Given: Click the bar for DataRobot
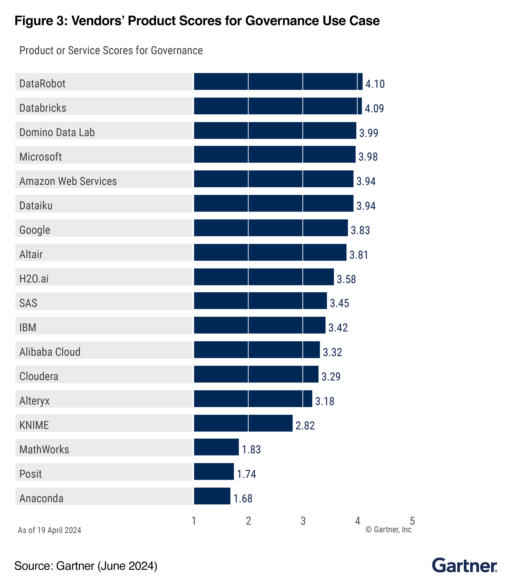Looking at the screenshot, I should pos(278,82).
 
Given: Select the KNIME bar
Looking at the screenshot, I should pos(243,423).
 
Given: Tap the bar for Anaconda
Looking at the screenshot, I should pos(212,496).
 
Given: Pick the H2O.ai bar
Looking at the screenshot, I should pos(264,277).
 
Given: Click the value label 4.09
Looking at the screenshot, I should pos(374,108).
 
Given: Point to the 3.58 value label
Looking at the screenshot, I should pos(346,279).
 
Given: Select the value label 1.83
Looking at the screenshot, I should pos(251,450).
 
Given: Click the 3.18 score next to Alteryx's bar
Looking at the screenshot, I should pos(325,401).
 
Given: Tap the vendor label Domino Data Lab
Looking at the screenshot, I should pos(57,132).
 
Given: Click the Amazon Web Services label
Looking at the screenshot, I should pos(68,181).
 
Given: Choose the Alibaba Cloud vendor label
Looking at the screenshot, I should pos(50,352).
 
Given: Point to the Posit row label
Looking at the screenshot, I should pos(31,474).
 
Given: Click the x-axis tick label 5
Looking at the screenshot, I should pos(412,521).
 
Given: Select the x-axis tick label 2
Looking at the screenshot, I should pos(248,521).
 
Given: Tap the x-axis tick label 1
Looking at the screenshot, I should pos(194,521).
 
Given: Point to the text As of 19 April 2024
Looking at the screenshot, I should pos(49,530).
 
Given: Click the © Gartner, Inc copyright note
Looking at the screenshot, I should pos(388,529).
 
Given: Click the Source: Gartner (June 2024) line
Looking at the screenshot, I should pos(86,566).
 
